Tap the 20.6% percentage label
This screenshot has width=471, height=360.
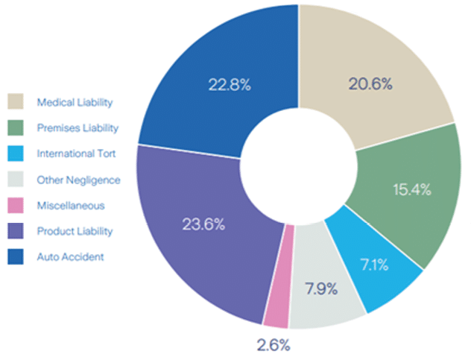click(x=370, y=83)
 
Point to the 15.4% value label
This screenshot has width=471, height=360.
click(x=412, y=189)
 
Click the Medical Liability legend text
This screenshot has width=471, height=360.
click(x=75, y=102)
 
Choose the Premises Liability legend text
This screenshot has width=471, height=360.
click(x=78, y=128)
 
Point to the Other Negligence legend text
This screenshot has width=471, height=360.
click(x=78, y=180)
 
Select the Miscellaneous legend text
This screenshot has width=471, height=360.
click(x=71, y=206)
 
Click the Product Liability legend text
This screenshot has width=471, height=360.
click(x=75, y=231)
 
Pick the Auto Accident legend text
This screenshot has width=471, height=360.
click(x=70, y=257)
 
